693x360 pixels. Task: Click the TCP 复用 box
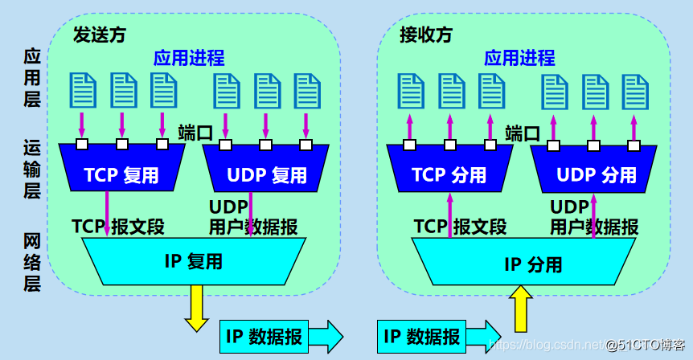point(122,174)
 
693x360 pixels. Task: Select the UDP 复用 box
point(266,174)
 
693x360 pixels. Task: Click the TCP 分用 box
point(449,174)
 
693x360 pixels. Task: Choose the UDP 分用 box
point(596,174)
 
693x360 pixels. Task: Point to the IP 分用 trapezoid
point(532,264)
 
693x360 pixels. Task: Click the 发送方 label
point(99,35)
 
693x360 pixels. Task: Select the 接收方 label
point(426,35)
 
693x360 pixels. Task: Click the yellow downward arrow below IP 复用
point(196,309)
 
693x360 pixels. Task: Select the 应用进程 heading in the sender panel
point(189,58)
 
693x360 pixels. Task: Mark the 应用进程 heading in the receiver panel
point(519,58)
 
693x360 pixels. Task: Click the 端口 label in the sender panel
point(195,133)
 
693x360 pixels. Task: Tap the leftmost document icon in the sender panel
point(81,91)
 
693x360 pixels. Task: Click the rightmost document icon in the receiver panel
point(635,91)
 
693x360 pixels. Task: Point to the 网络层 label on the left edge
point(32,262)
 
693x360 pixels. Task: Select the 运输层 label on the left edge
point(32,169)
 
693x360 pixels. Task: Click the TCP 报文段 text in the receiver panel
point(460,227)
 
